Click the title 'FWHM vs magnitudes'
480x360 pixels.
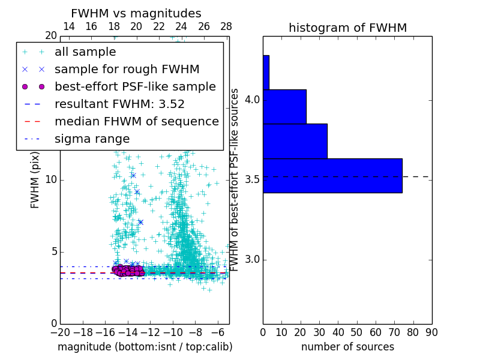136,13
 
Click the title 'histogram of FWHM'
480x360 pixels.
347,28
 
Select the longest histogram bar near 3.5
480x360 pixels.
332,175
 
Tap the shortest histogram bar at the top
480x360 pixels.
266,72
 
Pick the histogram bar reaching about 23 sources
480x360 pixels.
284,106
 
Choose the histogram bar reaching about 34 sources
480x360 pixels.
295,141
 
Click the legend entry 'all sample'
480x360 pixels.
85,52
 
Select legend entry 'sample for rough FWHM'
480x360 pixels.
127,69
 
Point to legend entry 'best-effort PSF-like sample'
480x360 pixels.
135,86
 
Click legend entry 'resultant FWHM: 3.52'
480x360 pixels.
119,104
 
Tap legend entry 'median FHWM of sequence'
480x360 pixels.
136,121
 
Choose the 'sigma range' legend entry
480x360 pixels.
92,139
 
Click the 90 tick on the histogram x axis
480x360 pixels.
431,331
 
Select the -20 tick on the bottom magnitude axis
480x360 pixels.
60,331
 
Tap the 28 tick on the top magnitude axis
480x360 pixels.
226,26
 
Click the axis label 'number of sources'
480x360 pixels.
347,347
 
